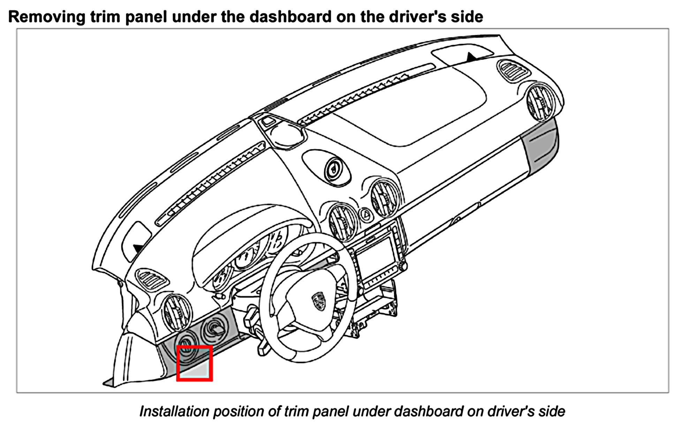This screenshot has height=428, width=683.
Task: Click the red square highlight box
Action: pos(194,363)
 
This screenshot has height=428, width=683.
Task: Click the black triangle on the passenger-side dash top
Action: pos(471,57)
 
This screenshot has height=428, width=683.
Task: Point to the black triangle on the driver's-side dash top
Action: pos(138,248)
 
